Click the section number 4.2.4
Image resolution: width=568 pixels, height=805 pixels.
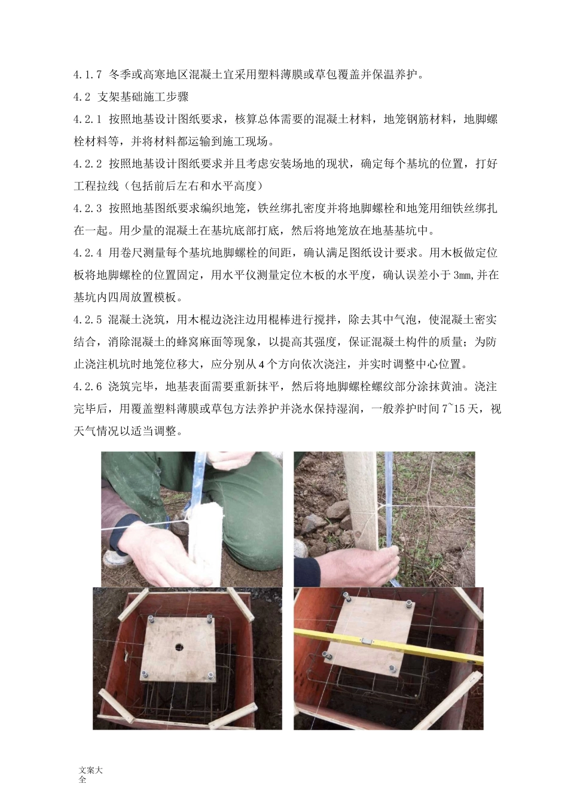[88, 253]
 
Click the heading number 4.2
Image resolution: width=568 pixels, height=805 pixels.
[82, 96]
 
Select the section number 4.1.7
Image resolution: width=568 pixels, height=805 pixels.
[88, 74]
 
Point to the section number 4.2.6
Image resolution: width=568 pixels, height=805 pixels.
[88, 387]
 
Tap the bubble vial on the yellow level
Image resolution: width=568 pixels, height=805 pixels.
[367, 640]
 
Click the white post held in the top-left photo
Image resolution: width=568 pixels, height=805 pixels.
[204, 542]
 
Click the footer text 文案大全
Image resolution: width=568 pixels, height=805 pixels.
[90, 774]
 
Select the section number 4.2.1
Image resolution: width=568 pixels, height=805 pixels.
[88, 119]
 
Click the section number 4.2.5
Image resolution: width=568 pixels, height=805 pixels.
[88, 320]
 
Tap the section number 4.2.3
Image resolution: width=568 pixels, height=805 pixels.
[88, 208]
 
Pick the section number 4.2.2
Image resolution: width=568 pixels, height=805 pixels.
[88, 163]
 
